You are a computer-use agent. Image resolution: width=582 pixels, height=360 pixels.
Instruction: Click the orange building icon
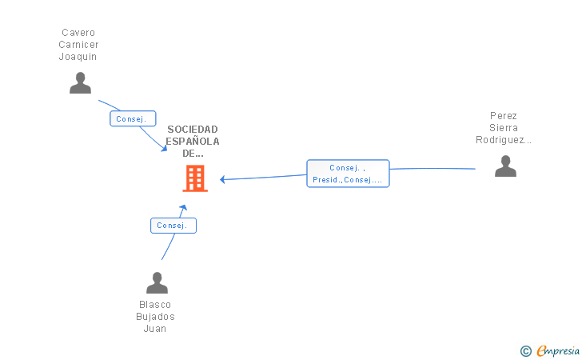(x=195, y=178)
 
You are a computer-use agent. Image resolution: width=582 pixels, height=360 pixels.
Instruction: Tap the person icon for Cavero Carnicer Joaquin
(x=80, y=83)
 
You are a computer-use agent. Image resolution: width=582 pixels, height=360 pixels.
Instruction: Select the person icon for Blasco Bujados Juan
(x=157, y=282)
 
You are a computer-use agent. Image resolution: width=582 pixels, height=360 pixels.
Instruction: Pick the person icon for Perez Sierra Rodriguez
(x=505, y=166)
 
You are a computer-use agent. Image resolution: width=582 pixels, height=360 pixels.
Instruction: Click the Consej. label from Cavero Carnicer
(x=133, y=118)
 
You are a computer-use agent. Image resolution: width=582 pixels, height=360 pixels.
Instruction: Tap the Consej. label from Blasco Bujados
(x=173, y=226)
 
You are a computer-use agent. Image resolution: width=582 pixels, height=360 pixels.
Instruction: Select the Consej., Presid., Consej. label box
(x=348, y=174)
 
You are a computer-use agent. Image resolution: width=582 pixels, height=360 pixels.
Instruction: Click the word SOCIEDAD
(x=193, y=130)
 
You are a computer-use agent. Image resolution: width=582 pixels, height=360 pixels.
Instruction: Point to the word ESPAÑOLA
(x=193, y=141)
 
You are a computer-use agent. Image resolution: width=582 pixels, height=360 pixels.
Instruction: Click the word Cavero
(x=78, y=33)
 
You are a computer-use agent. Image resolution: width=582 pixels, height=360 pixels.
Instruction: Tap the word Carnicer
(x=78, y=45)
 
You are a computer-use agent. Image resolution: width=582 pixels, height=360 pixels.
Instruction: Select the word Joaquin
(x=78, y=57)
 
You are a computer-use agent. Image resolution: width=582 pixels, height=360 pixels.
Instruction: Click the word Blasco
(x=155, y=305)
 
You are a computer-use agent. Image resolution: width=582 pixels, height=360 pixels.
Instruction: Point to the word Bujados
(x=155, y=317)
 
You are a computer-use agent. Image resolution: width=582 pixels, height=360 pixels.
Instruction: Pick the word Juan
(x=155, y=329)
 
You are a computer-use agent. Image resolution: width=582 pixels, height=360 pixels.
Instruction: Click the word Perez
(x=504, y=116)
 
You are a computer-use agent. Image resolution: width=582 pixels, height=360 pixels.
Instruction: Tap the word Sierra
(x=504, y=128)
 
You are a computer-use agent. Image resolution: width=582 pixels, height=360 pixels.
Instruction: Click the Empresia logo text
(x=558, y=350)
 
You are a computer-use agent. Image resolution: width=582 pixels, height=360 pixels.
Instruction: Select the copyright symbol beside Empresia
(x=526, y=351)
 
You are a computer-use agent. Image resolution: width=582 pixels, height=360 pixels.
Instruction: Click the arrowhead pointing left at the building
(x=222, y=179)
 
